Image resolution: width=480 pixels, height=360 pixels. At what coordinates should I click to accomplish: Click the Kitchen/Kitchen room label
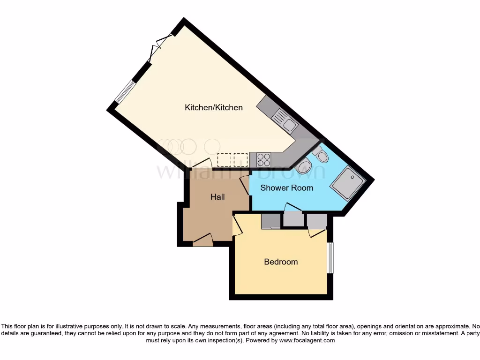[x=214, y=107]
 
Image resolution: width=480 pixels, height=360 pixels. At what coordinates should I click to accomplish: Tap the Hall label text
[x=217, y=197]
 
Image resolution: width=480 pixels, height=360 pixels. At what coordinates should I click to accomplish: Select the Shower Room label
[x=286, y=188]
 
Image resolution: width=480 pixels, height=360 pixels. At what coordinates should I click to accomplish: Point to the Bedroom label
[x=281, y=262]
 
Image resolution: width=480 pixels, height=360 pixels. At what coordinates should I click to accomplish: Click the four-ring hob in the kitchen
[x=263, y=160]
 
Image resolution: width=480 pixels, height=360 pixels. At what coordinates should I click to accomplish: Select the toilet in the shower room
[x=320, y=156]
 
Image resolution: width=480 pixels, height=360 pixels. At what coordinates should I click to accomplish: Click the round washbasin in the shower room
[x=305, y=167]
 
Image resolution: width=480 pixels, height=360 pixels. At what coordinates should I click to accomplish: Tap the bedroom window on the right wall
[x=330, y=258]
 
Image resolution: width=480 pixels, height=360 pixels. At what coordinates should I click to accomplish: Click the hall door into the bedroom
[x=236, y=225]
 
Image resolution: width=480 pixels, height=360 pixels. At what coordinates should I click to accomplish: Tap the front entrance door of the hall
[x=203, y=240]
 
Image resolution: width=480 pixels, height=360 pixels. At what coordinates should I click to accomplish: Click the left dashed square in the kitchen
[x=225, y=160]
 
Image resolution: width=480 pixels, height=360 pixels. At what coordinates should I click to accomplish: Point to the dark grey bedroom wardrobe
[x=270, y=221]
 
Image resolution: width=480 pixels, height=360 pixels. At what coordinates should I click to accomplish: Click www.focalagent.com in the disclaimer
[x=307, y=340]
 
